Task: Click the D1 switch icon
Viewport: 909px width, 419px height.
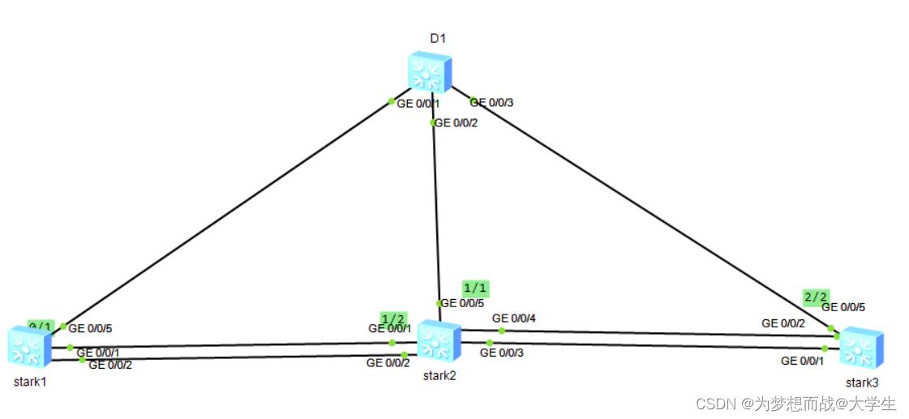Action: point(429,72)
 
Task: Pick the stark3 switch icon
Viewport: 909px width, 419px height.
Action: point(860,348)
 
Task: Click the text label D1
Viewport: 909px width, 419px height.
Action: point(438,38)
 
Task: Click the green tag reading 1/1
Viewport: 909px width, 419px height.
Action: point(475,288)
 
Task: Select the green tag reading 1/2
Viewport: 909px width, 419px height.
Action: point(392,318)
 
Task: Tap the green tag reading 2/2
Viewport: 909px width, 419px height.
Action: point(816,297)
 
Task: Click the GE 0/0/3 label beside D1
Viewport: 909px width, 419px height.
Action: point(492,102)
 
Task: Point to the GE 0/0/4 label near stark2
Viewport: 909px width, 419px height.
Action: point(514,318)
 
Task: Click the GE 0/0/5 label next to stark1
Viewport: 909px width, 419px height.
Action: point(90,328)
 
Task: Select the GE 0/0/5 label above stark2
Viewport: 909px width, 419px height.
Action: point(462,303)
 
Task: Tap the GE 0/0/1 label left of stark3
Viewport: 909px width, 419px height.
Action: point(803,361)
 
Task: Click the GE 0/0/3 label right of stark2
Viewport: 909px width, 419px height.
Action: point(502,353)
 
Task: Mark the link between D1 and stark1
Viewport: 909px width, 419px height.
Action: point(227,213)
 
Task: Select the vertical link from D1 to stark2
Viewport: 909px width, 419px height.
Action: point(435,211)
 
